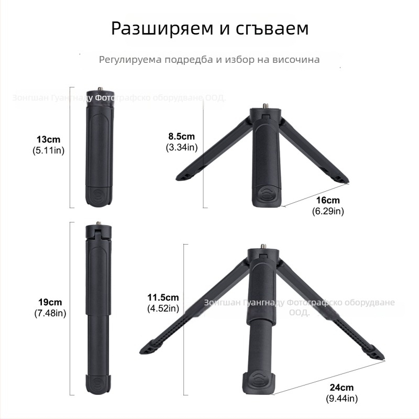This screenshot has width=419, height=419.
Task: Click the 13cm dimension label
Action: (48, 140)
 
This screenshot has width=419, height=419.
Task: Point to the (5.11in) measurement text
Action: (48, 151)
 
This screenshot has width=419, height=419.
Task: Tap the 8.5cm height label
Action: (181, 137)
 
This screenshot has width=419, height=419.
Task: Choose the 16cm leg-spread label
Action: (328, 201)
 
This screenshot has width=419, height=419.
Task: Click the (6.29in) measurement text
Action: (328, 212)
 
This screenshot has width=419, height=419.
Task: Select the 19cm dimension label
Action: (50, 302)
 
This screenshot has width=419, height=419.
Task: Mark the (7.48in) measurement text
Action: (50, 313)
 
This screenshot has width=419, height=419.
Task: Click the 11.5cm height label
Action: (163, 297)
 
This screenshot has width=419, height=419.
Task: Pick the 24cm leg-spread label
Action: (341, 388)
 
